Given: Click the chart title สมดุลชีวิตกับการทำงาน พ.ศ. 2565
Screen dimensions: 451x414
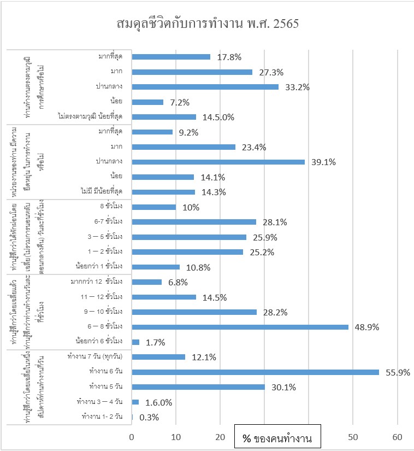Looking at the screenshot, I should pos(207,24).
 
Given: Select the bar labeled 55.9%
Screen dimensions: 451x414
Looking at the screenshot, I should pos(255,372).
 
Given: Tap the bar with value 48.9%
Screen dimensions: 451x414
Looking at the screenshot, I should pos(240,327).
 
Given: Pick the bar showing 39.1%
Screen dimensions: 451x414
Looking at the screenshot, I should pos(218,162).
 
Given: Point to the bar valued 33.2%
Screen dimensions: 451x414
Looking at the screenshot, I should pos(205,86).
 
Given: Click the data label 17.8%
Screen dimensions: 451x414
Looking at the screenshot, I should pos(229,57).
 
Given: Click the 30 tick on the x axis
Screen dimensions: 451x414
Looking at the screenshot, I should pos(264,421).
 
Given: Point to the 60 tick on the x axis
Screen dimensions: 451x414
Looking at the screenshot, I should pos(397,421).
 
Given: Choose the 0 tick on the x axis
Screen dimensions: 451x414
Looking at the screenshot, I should pos(132,421).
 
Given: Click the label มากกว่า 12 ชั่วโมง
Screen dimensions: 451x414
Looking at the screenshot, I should pos(96,282).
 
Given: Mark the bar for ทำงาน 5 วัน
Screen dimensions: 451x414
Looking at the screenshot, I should pos(198,387).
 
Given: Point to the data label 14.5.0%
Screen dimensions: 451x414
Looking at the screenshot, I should pos(218,117).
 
